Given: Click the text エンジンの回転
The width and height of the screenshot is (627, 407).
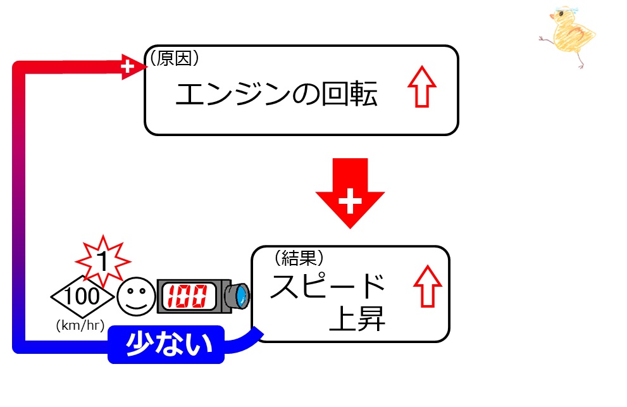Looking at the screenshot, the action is pos(276,94).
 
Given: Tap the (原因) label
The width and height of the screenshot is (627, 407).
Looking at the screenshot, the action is pos(175,58).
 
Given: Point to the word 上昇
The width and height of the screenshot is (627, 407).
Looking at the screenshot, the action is pos(357,318).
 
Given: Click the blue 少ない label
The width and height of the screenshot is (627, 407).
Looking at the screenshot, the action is pos(166,344).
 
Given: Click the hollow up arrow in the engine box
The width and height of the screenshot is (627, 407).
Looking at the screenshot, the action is pos(422,87).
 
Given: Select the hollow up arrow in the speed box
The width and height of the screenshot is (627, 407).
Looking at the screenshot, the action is pos(428,286).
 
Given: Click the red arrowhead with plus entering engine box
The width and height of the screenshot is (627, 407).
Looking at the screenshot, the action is pos(132,66).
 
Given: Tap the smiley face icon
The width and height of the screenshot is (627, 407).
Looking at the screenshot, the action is pos(136,296).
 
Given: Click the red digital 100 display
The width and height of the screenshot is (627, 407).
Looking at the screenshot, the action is pos(187,296).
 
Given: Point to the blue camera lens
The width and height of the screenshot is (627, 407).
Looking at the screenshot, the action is pos(240,296).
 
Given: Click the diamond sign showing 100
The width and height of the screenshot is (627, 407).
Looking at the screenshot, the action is pos(82,296).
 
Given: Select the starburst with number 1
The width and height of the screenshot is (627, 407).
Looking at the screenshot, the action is pos(102,261).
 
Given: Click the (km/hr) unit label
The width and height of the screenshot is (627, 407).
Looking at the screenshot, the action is pos(80,325).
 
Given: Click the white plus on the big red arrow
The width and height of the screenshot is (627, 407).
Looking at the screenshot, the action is pos(351,201).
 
